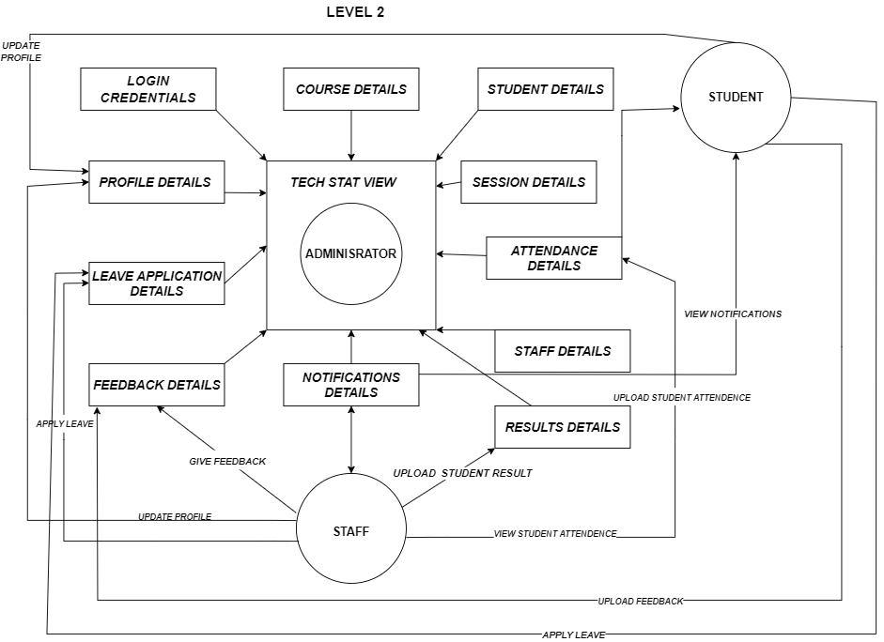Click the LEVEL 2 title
[x=355, y=12]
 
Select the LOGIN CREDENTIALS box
[x=148, y=89]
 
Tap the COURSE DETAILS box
[x=351, y=89]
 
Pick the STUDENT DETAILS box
[x=546, y=89]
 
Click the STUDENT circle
[x=736, y=97]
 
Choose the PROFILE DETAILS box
[x=156, y=182]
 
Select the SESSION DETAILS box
[x=529, y=182]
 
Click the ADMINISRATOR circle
[x=350, y=253]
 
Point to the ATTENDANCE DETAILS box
[x=554, y=258]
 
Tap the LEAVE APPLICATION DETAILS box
[x=157, y=283]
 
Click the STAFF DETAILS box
[x=563, y=351]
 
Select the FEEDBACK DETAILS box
[x=157, y=385]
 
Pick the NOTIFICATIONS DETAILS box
[x=351, y=385]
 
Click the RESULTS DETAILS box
[x=563, y=427]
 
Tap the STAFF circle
[x=351, y=531]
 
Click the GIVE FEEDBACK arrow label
[x=227, y=461]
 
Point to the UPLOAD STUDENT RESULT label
[x=462, y=473]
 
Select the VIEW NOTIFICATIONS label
[x=733, y=313]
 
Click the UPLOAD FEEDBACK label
[x=641, y=601]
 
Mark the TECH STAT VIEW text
[x=344, y=182]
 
